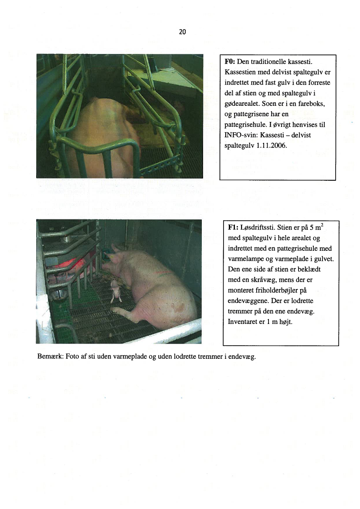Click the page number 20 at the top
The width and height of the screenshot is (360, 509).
[x=182, y=32]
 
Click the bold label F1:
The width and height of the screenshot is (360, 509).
[x=233, y=228]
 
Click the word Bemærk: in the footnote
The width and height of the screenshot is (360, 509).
[x=51, y=357]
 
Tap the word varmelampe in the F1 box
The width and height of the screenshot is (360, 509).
[x=244, y=259]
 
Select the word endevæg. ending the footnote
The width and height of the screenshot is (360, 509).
[x=242, y=357]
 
